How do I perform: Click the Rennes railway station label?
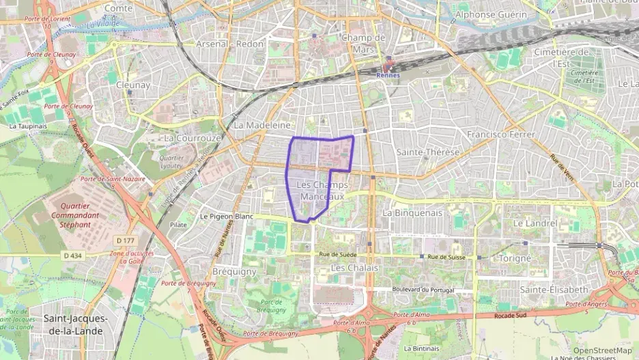tap(388, 76)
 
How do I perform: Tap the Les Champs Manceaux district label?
tap(323, 191)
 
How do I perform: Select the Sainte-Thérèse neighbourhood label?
tap(428, 152)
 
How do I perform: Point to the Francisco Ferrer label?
tap(501, 135)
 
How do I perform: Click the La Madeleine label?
tap(263, 126)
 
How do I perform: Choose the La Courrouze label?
tap(193, 137)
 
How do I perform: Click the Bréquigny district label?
tap(234, 271)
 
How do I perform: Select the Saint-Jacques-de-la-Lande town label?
tap(75, 324)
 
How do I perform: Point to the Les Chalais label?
tap(354, 268)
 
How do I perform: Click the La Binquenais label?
tap(413, 212)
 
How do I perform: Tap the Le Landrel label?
tap(535, 223)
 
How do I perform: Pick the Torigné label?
tap(515, 258)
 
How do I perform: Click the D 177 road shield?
tap(125, 240)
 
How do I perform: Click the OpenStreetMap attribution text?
tap(602, 350)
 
